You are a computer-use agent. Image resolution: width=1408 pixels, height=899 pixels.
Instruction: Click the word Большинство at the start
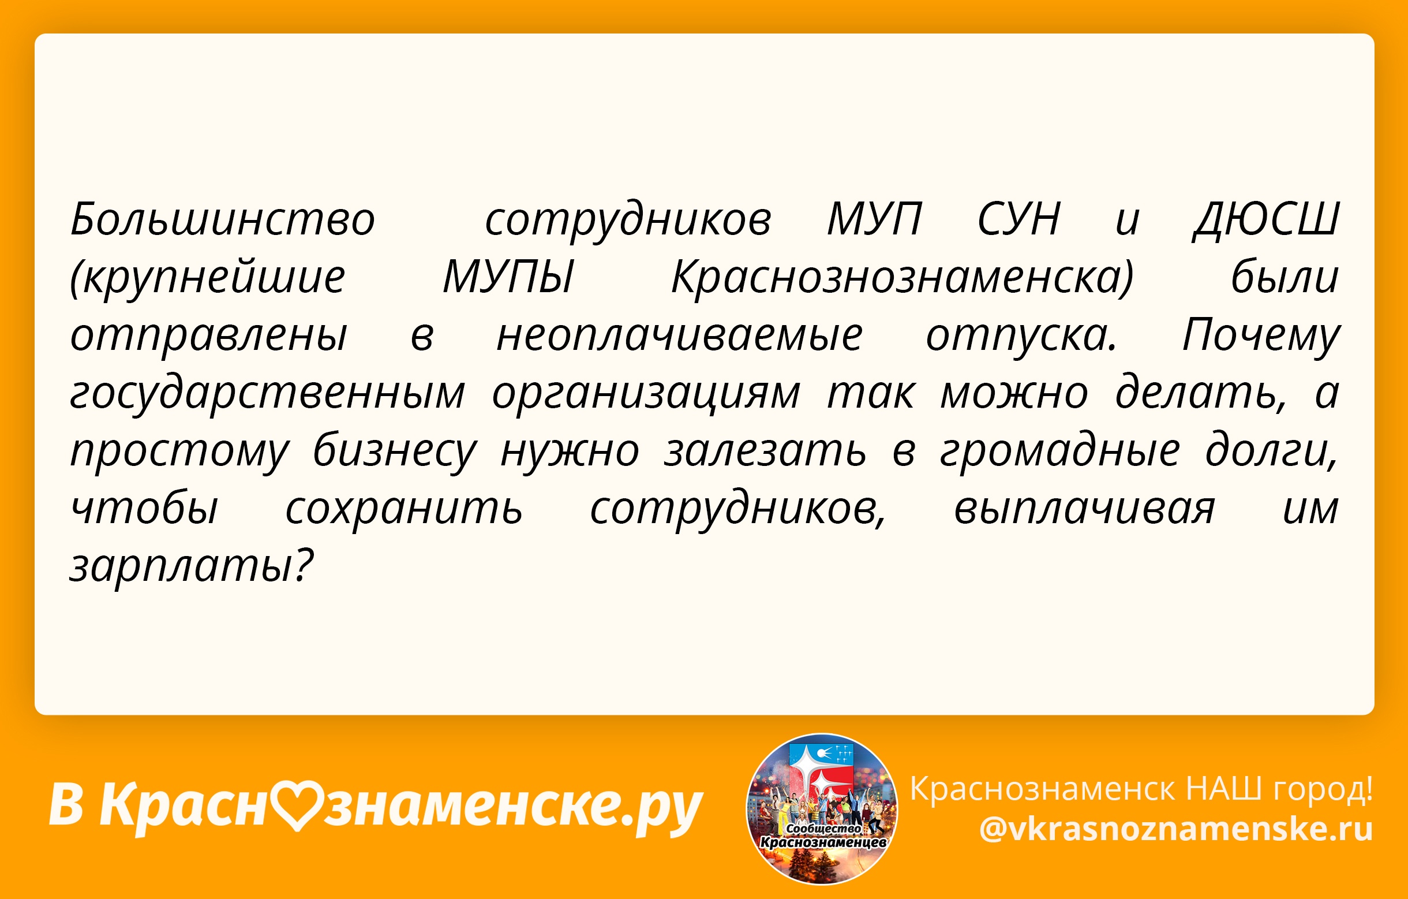click(222, 219)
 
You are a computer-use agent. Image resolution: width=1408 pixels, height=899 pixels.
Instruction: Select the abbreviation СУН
click(1018, 219)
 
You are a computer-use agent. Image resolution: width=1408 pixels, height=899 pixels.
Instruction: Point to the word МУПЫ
click(508, 277)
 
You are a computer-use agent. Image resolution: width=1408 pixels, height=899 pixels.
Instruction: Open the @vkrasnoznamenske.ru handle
click(1176, 829)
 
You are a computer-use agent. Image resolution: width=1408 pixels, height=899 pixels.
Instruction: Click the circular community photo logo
click(822, 809)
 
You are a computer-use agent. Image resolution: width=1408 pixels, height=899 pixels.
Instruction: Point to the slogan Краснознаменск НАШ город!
click(1141, 789)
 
